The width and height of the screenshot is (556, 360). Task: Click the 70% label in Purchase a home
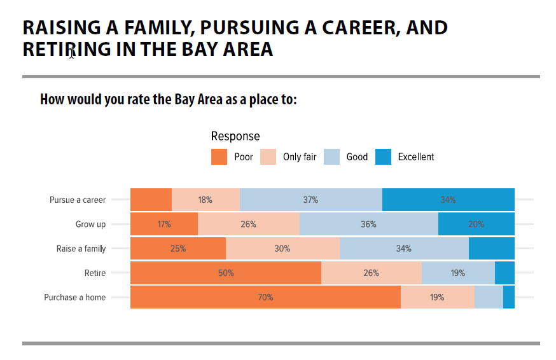265,298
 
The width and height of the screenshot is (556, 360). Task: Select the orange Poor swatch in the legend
219,156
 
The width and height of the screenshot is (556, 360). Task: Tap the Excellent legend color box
383,156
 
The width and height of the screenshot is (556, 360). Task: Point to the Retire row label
95,273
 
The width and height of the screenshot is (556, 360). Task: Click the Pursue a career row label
78,200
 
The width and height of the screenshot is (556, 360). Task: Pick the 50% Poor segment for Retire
226,273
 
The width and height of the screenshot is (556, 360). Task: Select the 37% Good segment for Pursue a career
310,200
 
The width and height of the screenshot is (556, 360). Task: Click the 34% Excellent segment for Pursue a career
448,200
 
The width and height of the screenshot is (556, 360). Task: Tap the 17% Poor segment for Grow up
164,224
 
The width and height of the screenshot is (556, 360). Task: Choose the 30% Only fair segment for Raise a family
282,249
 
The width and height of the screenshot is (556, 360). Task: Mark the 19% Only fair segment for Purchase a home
437,298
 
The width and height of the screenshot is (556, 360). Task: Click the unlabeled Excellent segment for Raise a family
491,249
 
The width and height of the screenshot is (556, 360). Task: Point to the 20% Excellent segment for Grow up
476,224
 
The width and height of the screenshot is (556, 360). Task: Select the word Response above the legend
235,136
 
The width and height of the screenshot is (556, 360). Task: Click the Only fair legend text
300,157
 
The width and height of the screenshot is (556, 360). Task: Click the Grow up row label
90,224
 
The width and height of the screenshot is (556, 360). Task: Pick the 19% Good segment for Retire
458,273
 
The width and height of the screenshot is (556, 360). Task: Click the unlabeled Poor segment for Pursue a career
151,200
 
